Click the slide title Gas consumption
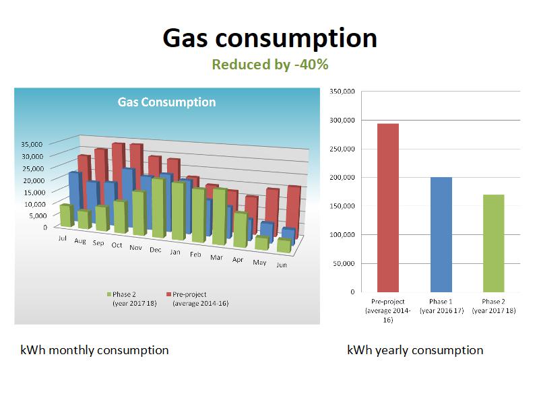click(269, 38)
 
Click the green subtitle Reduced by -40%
click(269, 65)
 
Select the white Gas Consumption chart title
click(166, 102)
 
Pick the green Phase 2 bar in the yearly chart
click(493, 243)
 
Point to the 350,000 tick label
click(342, 92)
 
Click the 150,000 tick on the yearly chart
click(342, 206)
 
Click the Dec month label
click(156, 250)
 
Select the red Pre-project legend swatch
click(168, 295)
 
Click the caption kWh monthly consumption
click(94, 350)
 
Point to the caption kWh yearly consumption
click(415, 350)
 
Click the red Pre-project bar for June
click(294, 209)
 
